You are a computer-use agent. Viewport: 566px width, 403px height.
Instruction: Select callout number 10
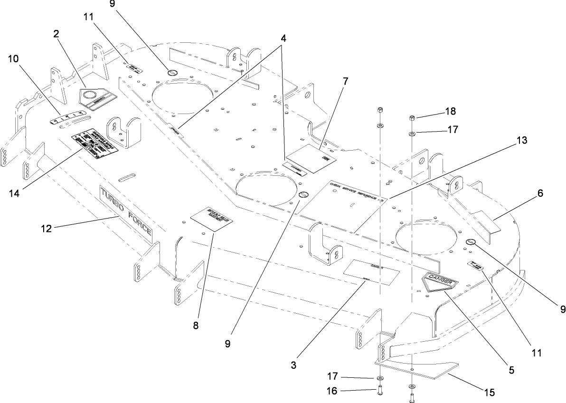(x=14, y=59)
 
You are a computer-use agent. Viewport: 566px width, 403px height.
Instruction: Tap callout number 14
(x=14, y=193)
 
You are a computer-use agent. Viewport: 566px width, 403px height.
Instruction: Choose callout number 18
(x=450, y=112)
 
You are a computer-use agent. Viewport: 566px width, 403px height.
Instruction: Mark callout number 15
(x=489, y=393)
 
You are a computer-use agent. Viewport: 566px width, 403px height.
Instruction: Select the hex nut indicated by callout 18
(x=413, y=117)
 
